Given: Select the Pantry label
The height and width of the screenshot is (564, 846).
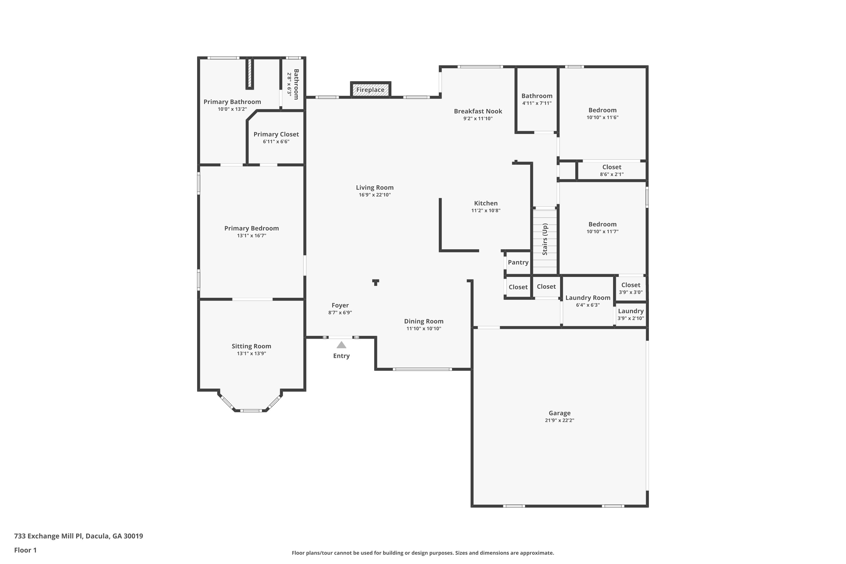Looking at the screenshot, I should [x=518, y=263].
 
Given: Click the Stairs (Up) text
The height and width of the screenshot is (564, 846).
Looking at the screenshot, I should [x=545, y=239].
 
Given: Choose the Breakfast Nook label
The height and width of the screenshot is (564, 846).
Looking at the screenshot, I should [x=478, y=111].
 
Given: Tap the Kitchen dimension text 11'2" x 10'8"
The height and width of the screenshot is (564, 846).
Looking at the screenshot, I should [x=486, y=210].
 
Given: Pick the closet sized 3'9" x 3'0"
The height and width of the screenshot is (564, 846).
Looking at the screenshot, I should [x=631, y=288].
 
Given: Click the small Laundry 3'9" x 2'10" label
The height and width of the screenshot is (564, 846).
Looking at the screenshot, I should [x=631, y=314].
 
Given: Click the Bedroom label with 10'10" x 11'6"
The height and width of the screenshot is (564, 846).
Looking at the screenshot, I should [x=602, y=110].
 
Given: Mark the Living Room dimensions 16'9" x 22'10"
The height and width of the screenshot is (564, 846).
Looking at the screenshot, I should [x=374, y=195].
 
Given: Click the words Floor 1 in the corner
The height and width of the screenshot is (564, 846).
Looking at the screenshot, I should [x=25, y=550].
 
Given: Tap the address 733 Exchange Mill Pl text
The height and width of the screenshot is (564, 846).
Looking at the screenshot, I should [x=78, y=536].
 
